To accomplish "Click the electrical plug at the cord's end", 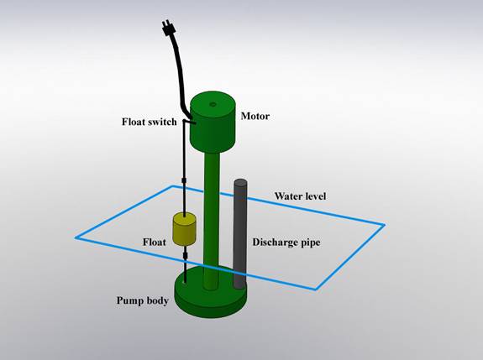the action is point(169,28).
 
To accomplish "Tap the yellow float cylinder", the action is point(184,229).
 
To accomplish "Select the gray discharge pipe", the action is point(239,234).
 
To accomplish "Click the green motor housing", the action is point(213,122).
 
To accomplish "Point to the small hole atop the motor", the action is point(213,105).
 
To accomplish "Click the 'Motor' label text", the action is point(255,116).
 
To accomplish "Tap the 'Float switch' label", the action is point(150,122).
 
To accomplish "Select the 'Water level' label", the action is point(301,196).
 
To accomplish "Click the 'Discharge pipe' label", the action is point(286,243).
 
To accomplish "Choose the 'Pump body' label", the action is point(143,300).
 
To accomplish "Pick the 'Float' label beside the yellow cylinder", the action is point(155,243).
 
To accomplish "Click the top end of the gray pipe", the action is point(240,182).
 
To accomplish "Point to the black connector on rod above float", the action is point(184,180).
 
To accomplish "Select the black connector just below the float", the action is point(185,255).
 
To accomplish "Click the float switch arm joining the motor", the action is point(189,123).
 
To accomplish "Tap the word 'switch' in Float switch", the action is point(163,122).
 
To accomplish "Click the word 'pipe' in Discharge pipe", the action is point(309,243).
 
